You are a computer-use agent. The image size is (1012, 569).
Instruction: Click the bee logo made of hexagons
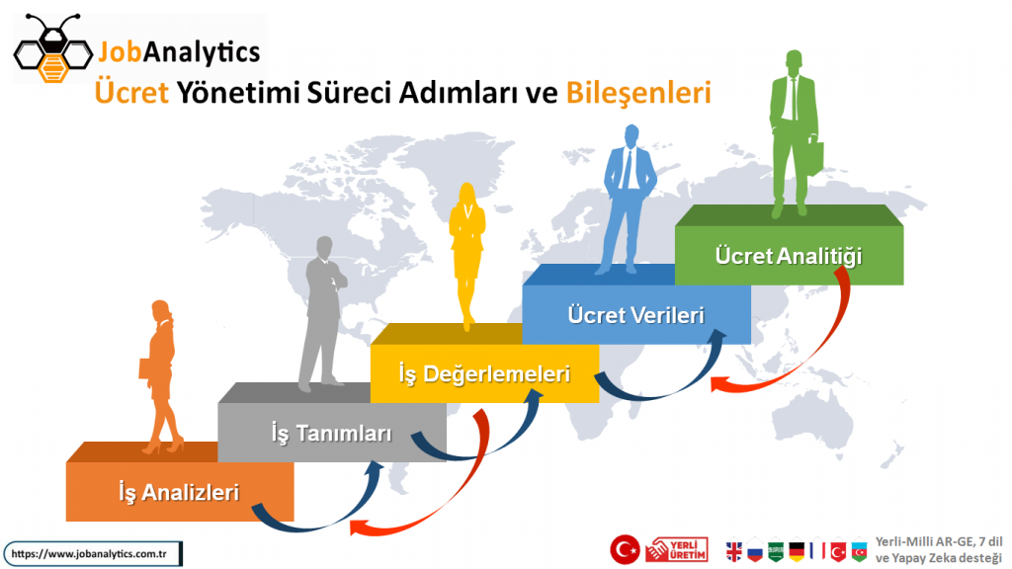(x=53, y=49)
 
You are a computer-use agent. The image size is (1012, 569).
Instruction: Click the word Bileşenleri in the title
(x=638, y=93)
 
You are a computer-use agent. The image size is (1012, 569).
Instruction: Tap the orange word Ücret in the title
(x=131, y=92)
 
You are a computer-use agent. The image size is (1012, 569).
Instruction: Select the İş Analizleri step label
(x=179, y=493)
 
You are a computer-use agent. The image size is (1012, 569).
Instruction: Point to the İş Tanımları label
(x=331, y=434)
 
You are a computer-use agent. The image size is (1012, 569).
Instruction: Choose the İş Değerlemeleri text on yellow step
(x=484, y=374)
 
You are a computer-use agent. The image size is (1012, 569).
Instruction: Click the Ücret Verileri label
(x=635, y=315)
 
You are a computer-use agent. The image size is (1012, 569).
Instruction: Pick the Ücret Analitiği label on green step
(x=788, y=256)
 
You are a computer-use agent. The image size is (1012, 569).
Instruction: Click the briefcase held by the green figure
(x=815, y=157)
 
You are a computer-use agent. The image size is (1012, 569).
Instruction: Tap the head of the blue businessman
(x=632, y=135)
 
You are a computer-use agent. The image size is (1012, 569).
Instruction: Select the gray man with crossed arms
(x=323, y=314)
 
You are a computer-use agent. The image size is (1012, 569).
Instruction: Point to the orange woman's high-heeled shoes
(x=163, y=446)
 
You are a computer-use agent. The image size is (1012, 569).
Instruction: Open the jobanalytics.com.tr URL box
(x=93, y=554)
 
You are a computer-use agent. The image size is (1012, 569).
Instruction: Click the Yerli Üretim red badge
(x=676, y=550)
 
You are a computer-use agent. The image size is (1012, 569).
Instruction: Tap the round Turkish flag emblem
(x=625, y=549)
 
